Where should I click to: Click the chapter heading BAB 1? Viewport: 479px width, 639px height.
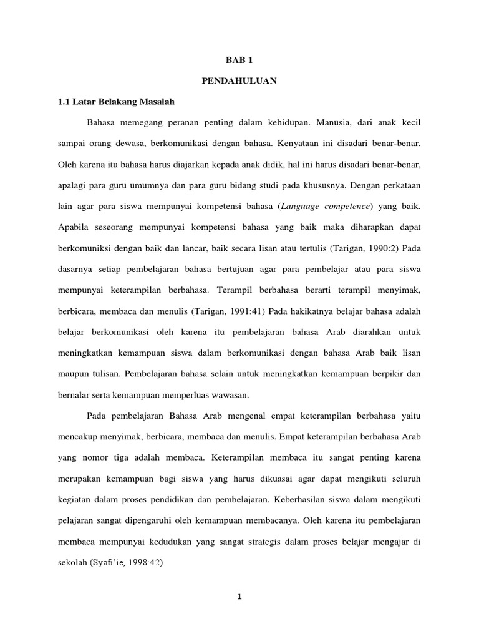pyautogui.click(x=239, y=61)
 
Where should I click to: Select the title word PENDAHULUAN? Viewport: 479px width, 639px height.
pyautogui.click(x=239, y=81)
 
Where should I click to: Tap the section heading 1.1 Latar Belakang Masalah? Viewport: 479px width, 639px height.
pyautogui.click(x=115, y=101)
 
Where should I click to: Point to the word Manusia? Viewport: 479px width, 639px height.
pyautogui.click(x=339, y=122)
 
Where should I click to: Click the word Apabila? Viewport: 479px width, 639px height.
pyautogui.click(x=74, y=227)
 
